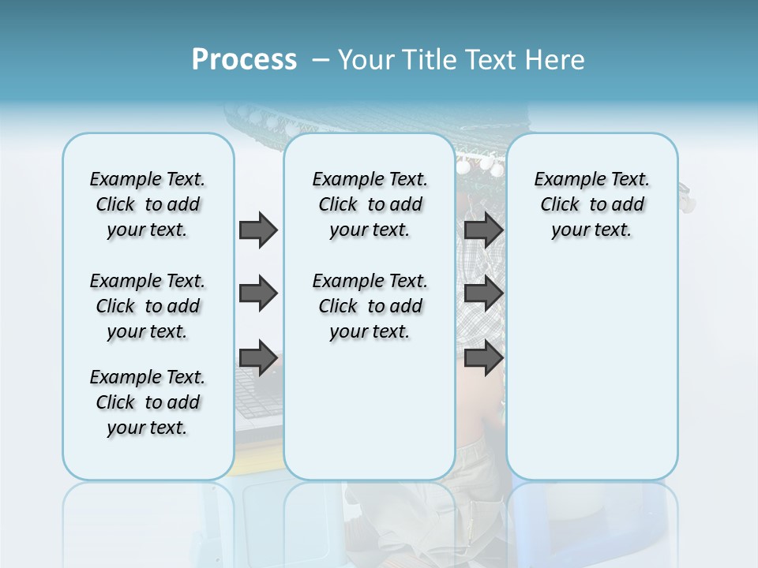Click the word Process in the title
(244, 59)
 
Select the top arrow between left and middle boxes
(258, 230)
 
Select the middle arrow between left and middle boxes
(258, 293)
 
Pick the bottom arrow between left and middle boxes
(258, 357)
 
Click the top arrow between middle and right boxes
(483, 230)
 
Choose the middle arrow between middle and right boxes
(483, 293)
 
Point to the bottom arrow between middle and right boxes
(483, 357)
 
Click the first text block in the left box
(148, 204)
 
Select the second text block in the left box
(148, 306)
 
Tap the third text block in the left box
(148, 402)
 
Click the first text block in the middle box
(370, 204)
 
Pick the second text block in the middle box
(370, 306)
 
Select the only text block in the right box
(591, 204)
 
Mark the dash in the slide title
(321, 60)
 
